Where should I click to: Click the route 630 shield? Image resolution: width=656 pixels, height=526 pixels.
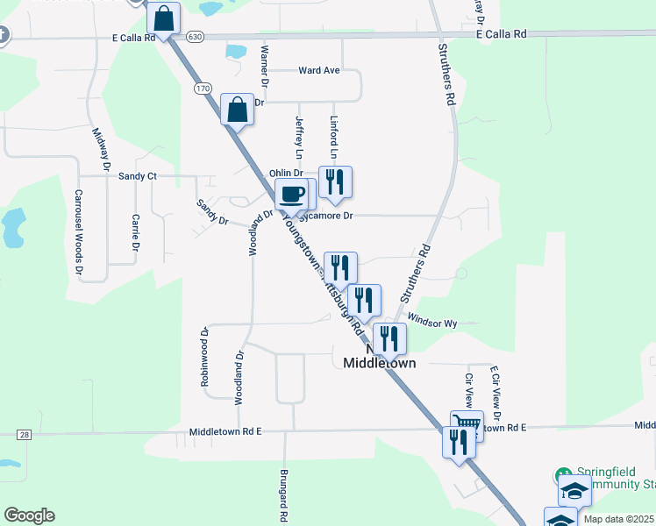(x=195, y=36)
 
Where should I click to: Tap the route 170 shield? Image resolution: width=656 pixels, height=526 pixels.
(x=203, y=89)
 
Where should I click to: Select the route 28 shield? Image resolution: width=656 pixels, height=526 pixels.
(x=24, y=435)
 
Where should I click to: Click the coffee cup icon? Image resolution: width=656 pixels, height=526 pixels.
(x=291, y=194)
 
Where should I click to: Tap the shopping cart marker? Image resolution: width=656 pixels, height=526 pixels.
(x=467, y=425)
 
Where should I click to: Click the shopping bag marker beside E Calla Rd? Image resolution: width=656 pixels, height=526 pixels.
(x=163, y=18)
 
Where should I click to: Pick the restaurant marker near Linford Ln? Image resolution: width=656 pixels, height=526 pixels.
(x=335, y=181)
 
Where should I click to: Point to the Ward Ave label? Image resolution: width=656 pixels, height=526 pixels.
(x=318, y=70)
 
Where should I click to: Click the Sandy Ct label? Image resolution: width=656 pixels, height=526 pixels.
(x=137, y=176)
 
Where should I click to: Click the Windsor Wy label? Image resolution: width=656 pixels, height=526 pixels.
(x=432, y=323)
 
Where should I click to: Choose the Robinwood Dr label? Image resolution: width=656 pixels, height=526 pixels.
(x=204, y=357)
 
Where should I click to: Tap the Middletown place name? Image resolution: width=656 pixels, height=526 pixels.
(x=379, y=362)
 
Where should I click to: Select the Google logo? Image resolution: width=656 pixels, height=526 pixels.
(x=29, y=515)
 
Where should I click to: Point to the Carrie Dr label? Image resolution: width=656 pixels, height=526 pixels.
(x=136, y=232)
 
